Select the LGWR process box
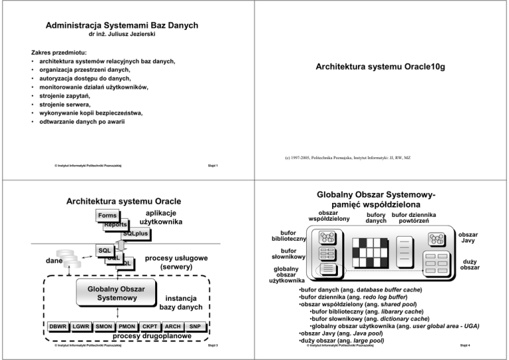(82, 326)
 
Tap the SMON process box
(104, 326)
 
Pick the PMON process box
(127, 326)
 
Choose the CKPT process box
(150, 326)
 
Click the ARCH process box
(172, 326)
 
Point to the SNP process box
(194, 326)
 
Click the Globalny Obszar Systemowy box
(107, 293)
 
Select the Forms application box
(107, 215)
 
